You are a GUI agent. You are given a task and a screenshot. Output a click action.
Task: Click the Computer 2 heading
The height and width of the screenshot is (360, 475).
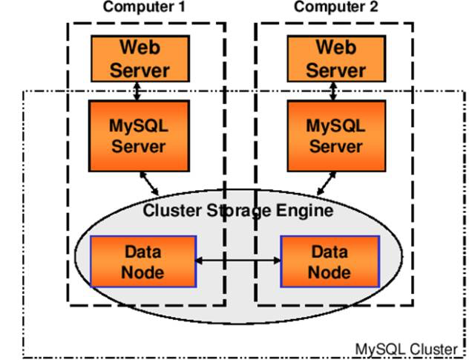pos(335,7)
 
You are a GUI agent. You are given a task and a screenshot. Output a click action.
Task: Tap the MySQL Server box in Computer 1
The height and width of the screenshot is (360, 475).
pos(138,135)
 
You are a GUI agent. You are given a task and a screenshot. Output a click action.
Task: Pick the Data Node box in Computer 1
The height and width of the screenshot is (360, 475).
pos(143,261)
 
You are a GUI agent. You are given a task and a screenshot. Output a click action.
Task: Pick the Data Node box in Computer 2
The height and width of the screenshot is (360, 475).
pos(329,261)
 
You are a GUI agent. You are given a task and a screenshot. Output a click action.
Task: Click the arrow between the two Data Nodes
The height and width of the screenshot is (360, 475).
pos(237,261)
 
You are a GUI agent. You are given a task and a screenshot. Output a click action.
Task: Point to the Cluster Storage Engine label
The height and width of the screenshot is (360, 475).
pos(237,210)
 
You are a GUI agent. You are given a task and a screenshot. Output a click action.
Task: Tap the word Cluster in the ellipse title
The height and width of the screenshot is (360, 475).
pos(168,210)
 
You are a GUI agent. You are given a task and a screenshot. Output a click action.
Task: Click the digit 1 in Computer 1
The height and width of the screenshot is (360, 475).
pos(181,7)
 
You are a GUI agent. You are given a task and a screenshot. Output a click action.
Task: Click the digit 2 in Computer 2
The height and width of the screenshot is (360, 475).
pos(373,7)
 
